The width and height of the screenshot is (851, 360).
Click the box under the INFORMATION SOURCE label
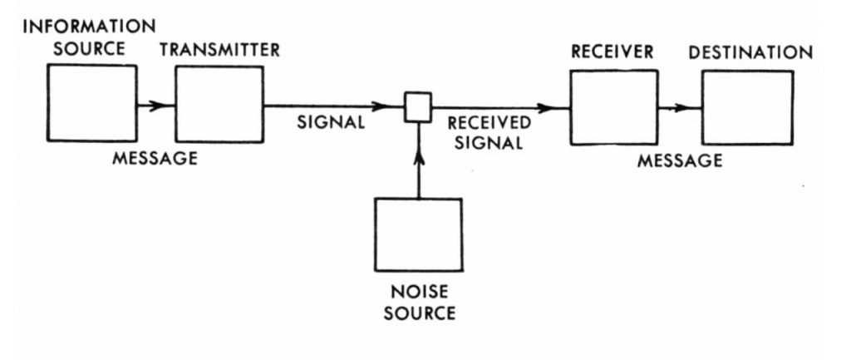click(x=91, y=103)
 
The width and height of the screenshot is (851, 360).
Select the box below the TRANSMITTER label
click(x=219, y=103)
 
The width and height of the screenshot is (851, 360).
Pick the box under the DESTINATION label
click(x=746, y=107)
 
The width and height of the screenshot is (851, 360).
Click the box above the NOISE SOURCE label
click(x=418, y=234)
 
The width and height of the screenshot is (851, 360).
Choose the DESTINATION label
click(x=750, y=52)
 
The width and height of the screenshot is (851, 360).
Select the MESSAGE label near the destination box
click(x=680, y=161)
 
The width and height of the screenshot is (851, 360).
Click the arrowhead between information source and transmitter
click(x=155, y=106)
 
